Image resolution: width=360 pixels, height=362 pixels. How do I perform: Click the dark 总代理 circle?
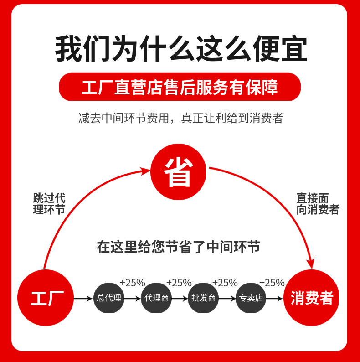(109, 298)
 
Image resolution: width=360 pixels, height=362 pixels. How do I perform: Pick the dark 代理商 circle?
(156, 298)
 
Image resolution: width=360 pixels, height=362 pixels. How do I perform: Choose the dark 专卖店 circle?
(251, 298)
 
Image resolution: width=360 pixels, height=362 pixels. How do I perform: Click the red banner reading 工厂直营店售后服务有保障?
(180, 87)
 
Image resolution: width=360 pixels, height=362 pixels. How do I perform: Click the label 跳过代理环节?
(49, 204)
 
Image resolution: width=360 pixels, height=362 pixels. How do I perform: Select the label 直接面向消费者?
(318, 204)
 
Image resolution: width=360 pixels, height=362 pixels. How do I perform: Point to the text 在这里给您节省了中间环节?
(178, 247)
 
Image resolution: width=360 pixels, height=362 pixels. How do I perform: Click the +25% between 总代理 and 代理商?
(132, 283)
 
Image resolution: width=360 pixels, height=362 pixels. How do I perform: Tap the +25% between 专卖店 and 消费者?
(272, 283)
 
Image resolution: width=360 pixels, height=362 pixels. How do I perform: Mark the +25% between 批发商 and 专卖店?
(225, 283)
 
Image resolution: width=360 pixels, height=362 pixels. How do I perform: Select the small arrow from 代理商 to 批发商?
(180, 299)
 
